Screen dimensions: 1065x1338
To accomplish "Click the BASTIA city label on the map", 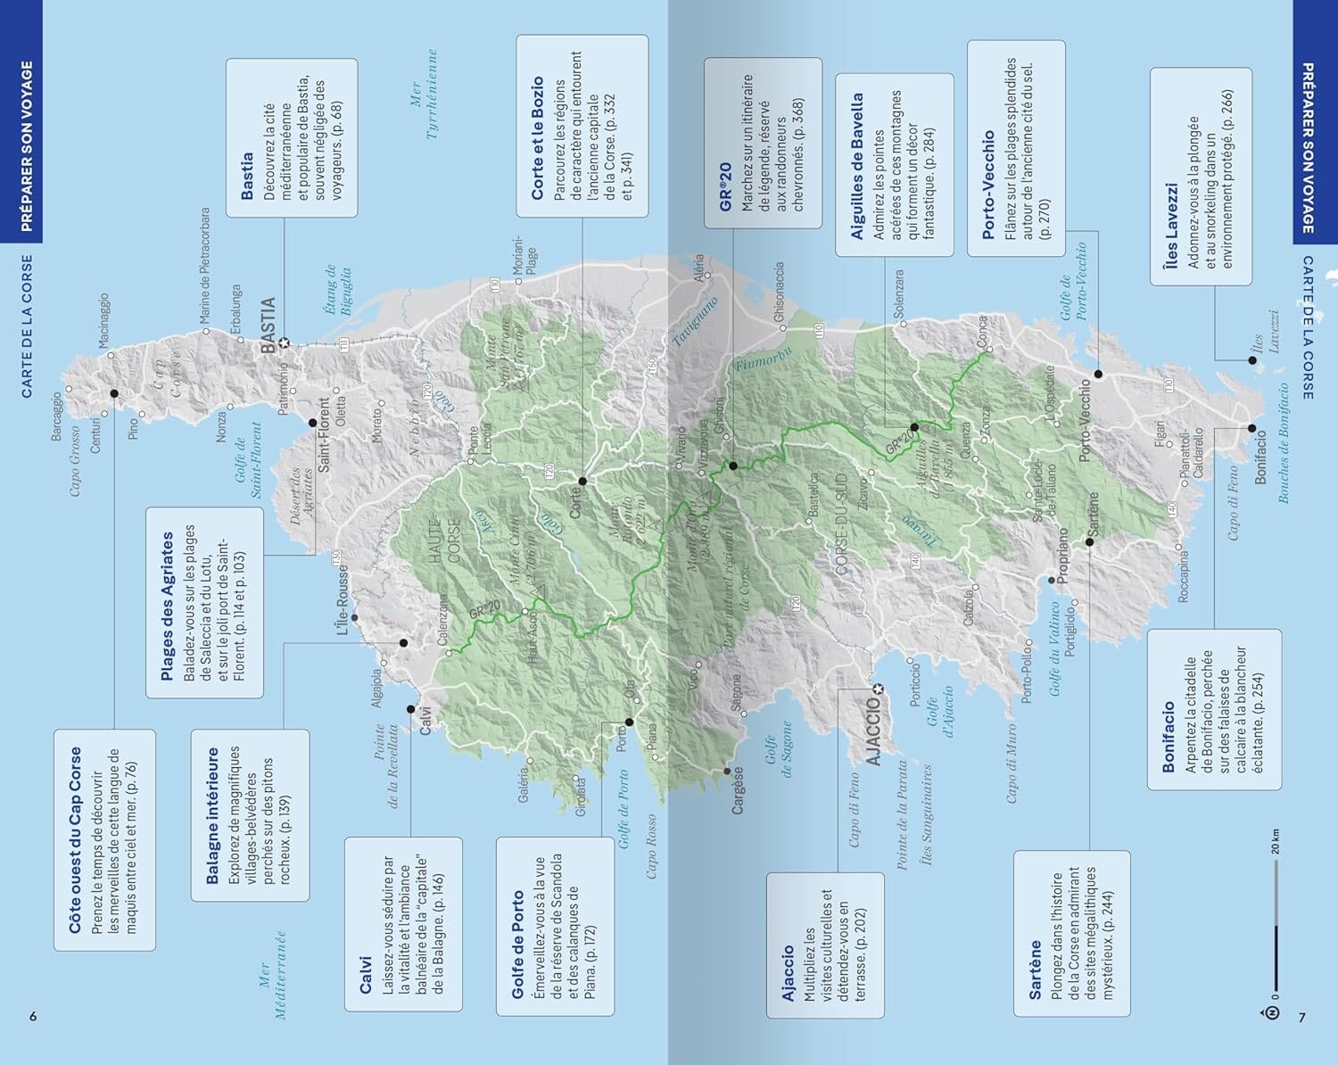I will click(268, 326).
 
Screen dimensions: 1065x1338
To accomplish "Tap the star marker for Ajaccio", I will click(878, 689).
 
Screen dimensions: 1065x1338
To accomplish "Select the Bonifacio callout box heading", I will click(1168, 736).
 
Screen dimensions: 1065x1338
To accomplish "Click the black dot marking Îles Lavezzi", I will click(1252, 360).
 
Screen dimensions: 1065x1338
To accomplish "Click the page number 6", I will click(33, 1017).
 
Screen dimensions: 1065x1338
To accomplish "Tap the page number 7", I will click(1301, 1017).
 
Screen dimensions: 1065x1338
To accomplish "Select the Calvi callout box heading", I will click(366, 975).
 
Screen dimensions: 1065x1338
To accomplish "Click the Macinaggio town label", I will click(103, 321).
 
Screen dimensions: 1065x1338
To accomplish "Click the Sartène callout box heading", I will click(1035, 969).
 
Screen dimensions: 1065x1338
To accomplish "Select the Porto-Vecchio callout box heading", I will click(988, 186).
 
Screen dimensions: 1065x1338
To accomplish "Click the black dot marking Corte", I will click(582, 481).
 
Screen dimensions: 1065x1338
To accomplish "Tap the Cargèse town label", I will click(738, 790).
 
